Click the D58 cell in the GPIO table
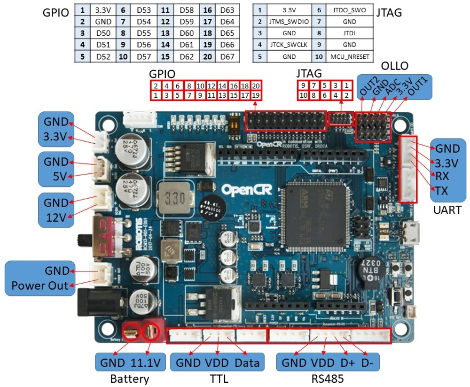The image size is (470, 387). click(187, 9)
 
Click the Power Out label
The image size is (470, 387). click(39, 285)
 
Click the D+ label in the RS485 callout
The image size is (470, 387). click(348, 363)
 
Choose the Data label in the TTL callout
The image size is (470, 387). click(247, 363)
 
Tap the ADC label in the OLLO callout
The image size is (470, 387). click(392, 86)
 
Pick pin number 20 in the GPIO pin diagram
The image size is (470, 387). click(256, 86)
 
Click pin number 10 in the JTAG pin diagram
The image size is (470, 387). click(303, 95)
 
